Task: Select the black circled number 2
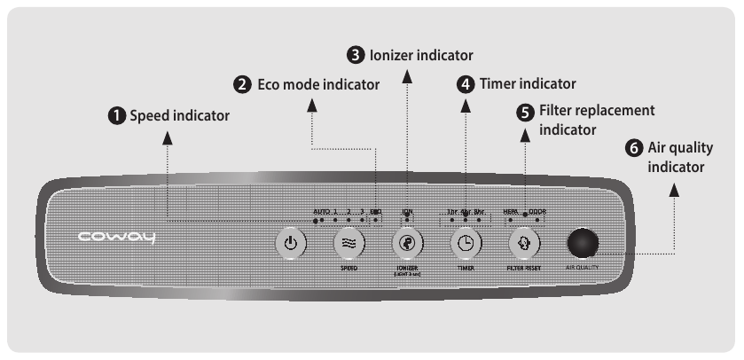click(241, 85)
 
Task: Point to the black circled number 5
click(525, 113)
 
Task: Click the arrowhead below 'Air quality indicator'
click(676, 188)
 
